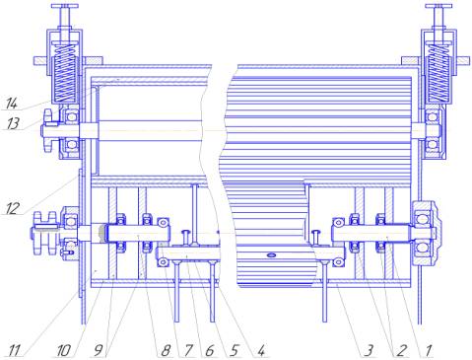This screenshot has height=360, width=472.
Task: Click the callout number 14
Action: pos(12,104)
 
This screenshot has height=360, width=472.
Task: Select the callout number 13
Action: pos(13,124)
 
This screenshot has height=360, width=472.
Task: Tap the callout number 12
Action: pos(12,208)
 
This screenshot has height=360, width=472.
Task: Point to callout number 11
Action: pos(14,350)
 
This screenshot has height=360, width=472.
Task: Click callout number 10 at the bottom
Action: pos(63,350)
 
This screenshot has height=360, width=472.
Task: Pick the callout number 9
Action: pos(99,350)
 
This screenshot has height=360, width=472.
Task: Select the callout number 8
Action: pos(166,350)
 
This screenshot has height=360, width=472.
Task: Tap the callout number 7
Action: pos(188,350)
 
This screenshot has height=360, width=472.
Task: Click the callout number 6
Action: pos(210,350)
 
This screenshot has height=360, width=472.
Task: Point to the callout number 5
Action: pos(234,350)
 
